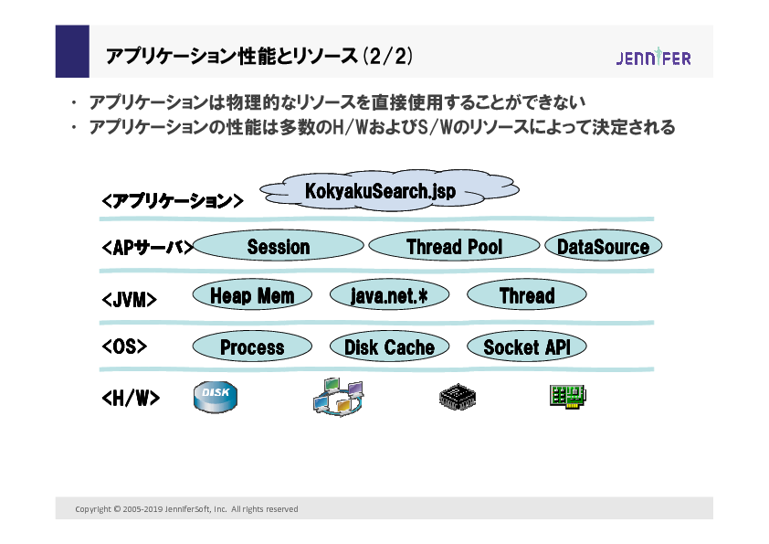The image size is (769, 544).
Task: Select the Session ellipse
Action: coord(279,246)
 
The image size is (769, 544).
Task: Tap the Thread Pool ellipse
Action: coord(453,246)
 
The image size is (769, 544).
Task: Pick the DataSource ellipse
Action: coord(603,246)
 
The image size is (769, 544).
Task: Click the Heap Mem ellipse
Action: coord(252,295)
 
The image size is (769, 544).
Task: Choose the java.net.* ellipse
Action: coord(389,295)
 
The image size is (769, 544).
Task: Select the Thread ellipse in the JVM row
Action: coord(526,295)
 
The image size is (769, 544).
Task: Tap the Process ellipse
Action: coord(252,347)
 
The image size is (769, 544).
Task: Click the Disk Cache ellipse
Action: coord(389,347)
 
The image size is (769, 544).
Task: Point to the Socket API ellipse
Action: coord(526,347)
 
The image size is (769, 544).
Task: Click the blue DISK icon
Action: coord(215,397)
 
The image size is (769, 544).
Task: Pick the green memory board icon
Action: coord(567,396)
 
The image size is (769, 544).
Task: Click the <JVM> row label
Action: coord(129,299)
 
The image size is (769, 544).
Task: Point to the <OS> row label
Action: coord(124,347)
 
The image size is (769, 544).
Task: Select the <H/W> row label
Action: coord(130,398)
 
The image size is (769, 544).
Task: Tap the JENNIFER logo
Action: coord(653,58)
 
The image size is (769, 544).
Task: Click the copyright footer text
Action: coord(186,509)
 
